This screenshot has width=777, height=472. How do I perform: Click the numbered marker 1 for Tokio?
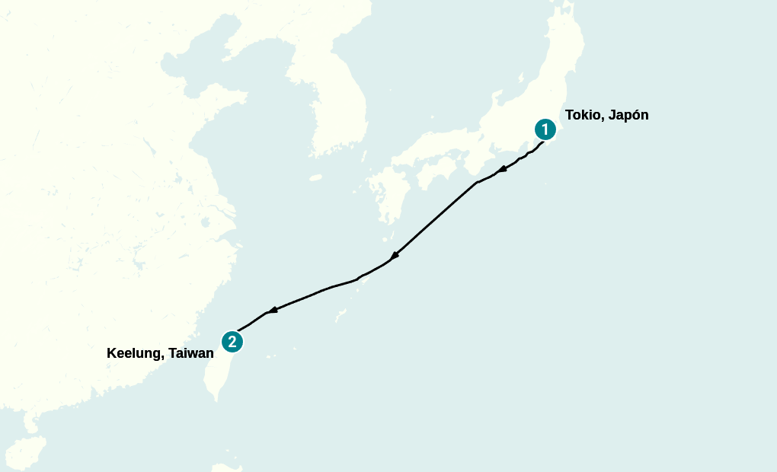coord(545,129)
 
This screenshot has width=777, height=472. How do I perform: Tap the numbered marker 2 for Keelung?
coord(232,342)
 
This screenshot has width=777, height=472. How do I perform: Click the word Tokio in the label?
coord(582,116)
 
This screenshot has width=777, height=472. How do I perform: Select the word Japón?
coord(628,116)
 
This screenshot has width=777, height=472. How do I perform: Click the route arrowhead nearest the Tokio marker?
coord(502,169)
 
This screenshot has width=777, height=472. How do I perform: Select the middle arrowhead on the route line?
coord(395,255)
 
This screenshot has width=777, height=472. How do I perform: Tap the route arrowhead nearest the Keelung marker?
coord(272,310)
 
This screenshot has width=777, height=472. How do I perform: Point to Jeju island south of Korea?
coord(315,178)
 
